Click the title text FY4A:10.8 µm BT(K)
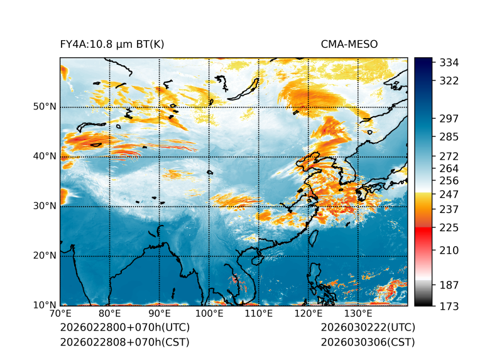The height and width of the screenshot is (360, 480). tap(112, 44)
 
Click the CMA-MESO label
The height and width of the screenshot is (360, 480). tap(349, 44)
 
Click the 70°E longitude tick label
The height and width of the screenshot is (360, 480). tap(60, 314)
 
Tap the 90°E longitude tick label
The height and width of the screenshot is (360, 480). tap(160, 314)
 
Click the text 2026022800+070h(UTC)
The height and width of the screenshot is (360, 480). tap(124, 328)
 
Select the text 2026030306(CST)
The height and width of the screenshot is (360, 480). tap(368, 342)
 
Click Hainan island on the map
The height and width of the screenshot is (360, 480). tap(256, 259)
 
